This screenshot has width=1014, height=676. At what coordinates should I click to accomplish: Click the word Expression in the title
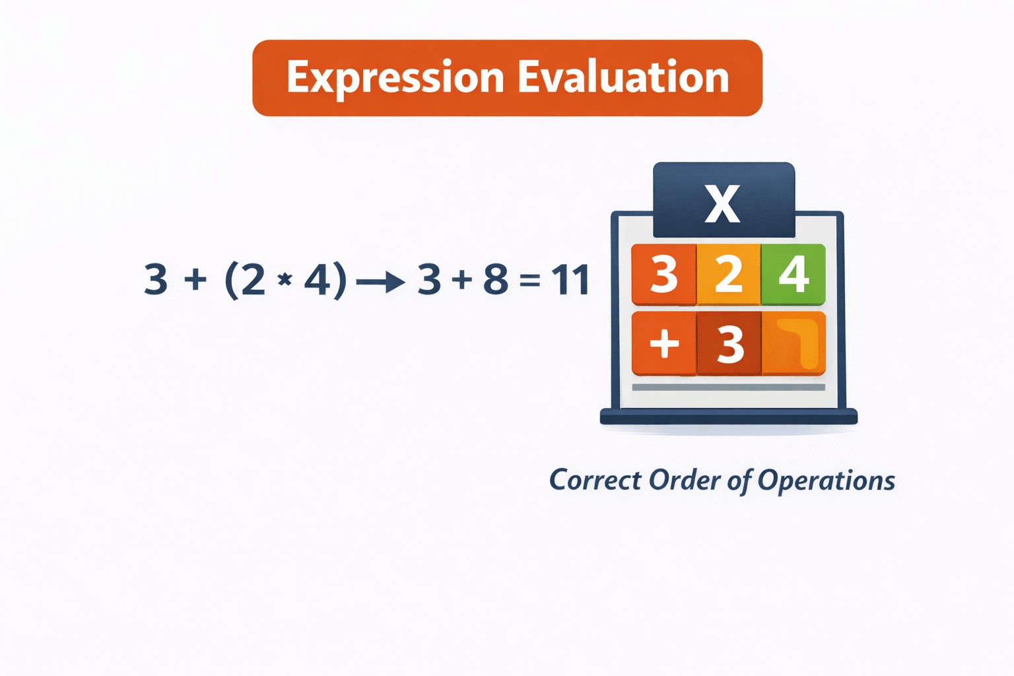pyautogui.click(x=395, y=78)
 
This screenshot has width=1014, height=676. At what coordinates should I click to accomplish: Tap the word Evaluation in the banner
pyautogui.click(x=623, y=77)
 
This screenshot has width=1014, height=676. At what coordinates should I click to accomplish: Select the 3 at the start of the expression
pyautogui.click(x=156, y=279)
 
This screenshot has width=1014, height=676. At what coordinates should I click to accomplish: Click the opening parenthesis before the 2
pyautogui.click(x=231, y=281)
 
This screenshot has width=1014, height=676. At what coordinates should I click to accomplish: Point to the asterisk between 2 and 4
pyautogui.click(x=285, y=281)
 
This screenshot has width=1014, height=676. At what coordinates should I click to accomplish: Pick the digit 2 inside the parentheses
pyautogui.click(x=253, y=279)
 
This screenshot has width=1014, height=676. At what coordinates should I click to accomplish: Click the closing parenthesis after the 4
pyautogui.click(x=340, y=281)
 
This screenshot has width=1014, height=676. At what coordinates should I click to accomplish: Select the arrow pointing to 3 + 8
pyautogui.click(x=380, y=283)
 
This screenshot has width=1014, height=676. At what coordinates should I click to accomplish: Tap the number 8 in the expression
pyautogui.click(x=496, y=279)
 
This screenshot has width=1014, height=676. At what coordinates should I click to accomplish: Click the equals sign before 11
pyautogui.click(x=529, y=282)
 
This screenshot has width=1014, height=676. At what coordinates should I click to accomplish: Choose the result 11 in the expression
pyautogui.click(x=570, y=279)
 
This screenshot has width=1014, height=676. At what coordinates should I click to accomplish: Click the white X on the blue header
pyautogui.click(x=722, y=203)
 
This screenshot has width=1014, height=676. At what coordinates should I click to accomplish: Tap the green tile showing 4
pyautogui.click(x=794, y=274)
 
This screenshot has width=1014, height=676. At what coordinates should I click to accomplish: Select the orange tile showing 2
pyautogui.click(x=729, y=274)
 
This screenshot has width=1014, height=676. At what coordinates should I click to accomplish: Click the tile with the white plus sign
pyautogui.click(x=664, y=343)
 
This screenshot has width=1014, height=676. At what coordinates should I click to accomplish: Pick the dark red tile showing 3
pyautogui.click(x=729, y=343)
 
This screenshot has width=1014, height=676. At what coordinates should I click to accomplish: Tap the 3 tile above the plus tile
pyautogui.click(x=664, y=274)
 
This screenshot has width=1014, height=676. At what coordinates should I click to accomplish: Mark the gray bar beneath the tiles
pyautogui.click(x=728, y=388)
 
